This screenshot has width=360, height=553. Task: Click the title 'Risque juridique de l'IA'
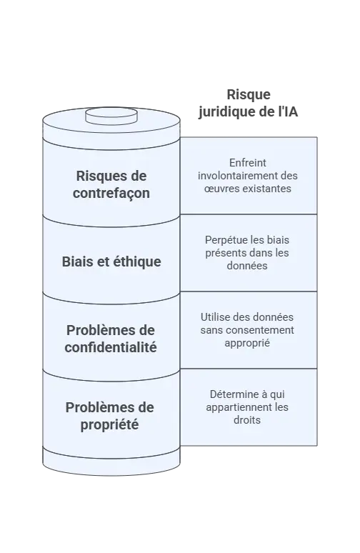click(x=248, y=103)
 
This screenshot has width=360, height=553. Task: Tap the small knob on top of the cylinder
click(x=111, y=116)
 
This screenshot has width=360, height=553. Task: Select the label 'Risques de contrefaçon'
click(x=111, y=184)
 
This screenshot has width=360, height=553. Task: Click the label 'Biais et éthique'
click(x=111, y=261)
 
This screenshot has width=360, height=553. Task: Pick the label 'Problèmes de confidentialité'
click(x=111, y=339)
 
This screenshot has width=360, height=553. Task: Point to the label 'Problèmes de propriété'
click(x=110, y=416)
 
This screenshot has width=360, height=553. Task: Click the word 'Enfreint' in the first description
click(x=248, y=163)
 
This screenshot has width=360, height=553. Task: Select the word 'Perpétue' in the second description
click(x=222, y=240)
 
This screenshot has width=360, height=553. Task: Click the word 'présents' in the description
click(x=224, y=253)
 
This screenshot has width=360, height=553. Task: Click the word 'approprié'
click(x=247, y=343)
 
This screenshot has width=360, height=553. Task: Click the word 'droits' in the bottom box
click(x=247, y=420)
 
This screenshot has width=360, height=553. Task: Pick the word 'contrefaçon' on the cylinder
click(x=111, y=194)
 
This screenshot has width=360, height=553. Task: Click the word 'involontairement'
click(x=234, y=176)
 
